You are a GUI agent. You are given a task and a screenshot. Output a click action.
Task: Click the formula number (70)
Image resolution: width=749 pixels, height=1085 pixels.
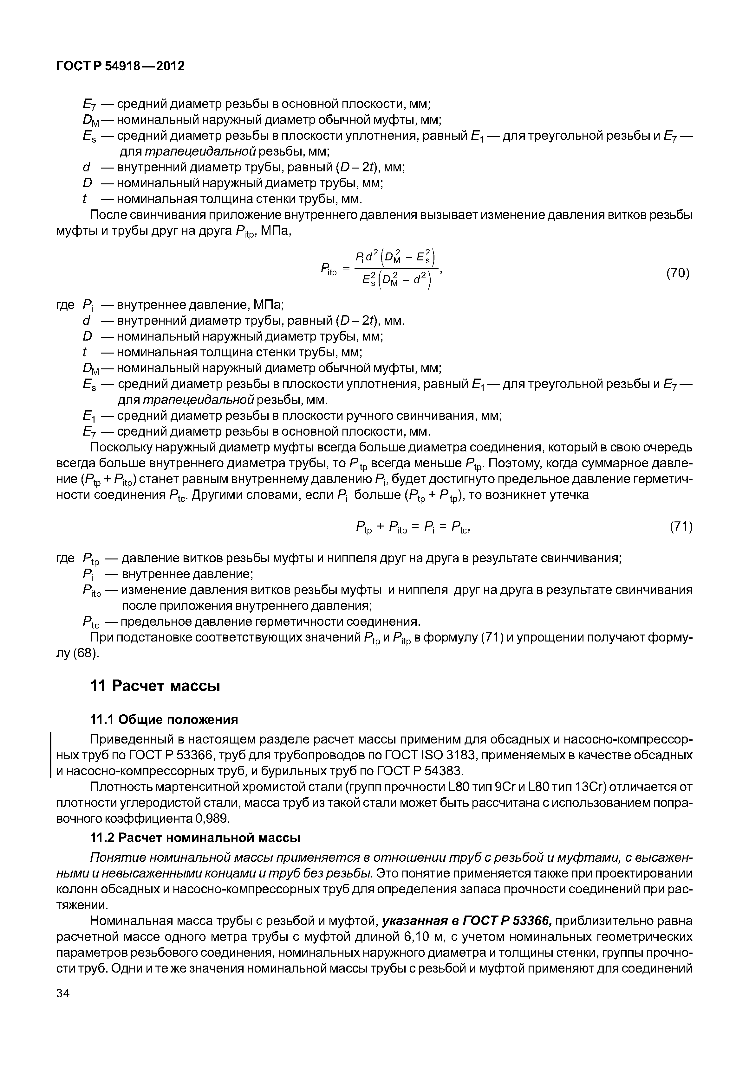pyautogui.click(x=678, y=273)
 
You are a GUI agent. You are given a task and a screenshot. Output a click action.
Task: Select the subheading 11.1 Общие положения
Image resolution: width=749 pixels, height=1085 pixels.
pyautogui.click(x=164, y=719)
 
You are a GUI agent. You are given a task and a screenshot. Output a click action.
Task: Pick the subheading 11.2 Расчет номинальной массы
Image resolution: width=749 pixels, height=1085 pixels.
pyautogui.click(x=195, y=837)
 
